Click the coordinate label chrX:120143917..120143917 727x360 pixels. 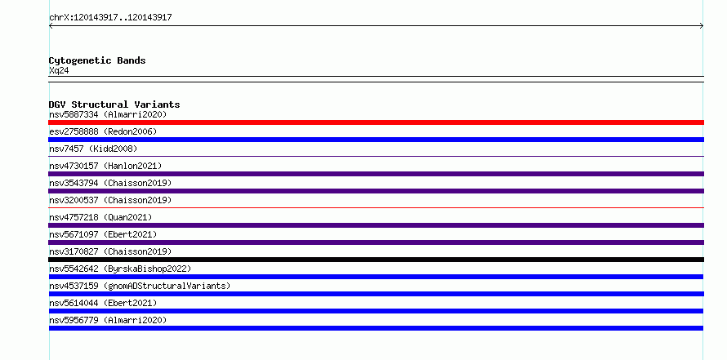pos(110,18)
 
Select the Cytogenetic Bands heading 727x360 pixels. pos(97,60)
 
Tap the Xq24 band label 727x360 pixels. pos(59,71)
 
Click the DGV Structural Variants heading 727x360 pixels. pos(114,104)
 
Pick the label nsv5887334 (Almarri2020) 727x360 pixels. pos(108,114)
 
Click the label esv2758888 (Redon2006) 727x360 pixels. pos(103,131)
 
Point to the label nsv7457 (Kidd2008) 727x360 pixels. pos(93,149)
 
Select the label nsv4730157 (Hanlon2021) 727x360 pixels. pos(105,166)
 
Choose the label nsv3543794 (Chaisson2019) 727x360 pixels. pos(110,183)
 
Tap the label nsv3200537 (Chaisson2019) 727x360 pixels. pos(110,200)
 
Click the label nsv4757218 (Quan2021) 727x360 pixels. pos(100,217)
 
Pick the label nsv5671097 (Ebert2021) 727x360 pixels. pos(103,234)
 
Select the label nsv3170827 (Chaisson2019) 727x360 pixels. pos(110,251)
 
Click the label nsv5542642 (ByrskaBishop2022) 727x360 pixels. pos(120,269)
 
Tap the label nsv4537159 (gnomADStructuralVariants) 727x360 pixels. pos(140,286)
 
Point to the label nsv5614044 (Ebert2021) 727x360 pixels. pos(103,303)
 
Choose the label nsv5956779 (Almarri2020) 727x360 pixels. pos(108,320)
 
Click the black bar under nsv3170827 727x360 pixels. pos(376,260)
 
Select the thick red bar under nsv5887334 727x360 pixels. pos(376,122)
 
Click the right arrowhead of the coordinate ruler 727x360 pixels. pos(702,26)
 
